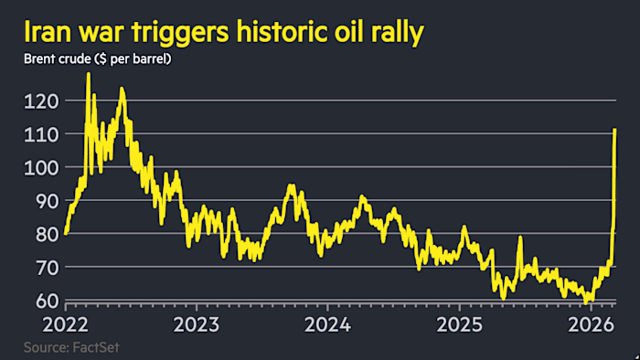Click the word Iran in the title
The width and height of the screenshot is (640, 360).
click(x=47, y=34)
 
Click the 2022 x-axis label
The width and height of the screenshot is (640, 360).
click(x=65, y=323)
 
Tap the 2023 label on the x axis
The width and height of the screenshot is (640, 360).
click(x=197, y=323)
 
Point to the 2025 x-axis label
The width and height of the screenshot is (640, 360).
click(x=460, y=323)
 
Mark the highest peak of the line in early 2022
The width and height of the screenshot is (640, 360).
click(x=88, y=74)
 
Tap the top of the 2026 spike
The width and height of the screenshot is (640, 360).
click(x=614, y=130)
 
